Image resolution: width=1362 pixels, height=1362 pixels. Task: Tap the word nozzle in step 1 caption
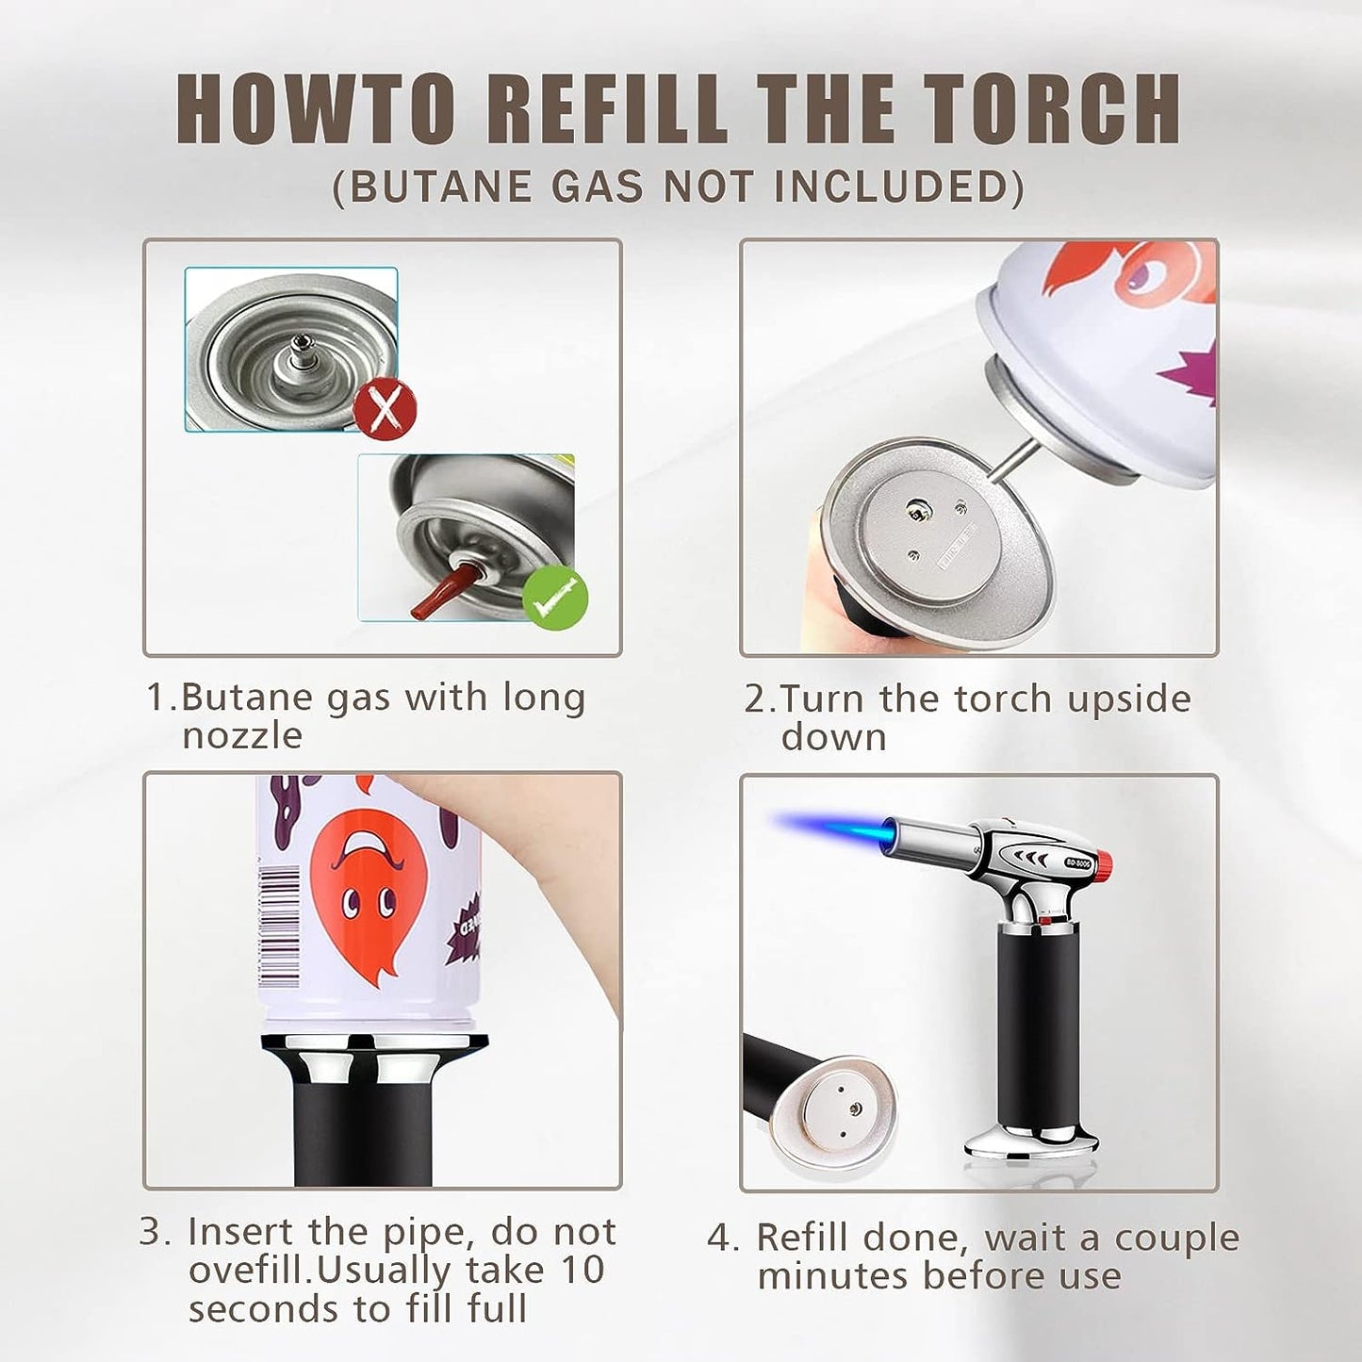242,736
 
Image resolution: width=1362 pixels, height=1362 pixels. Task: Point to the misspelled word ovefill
250,1271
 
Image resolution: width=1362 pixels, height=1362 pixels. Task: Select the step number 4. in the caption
723,1239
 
